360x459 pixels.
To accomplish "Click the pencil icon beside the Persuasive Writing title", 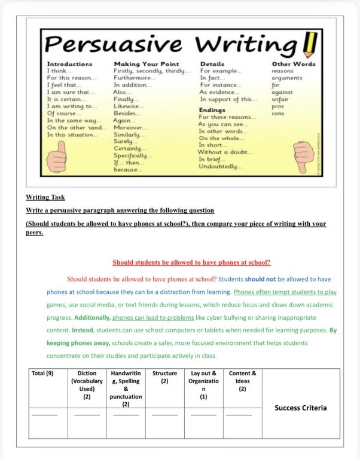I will [x=310, y=43].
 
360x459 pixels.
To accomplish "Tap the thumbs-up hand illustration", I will [x=59, y=157].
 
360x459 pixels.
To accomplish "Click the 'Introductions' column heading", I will [x=69, y=63].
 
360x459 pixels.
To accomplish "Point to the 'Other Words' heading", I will [x=293, y=63].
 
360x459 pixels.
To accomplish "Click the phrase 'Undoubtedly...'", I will [x=221, y=166].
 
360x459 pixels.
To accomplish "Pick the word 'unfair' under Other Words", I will [x=280, y=99].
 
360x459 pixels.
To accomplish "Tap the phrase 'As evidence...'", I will [x=219, y=92].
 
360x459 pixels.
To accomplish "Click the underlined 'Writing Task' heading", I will [x=45, y=197].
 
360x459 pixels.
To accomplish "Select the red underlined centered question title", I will [x=191, y=262].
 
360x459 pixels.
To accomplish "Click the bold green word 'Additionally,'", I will [x=92, y=317].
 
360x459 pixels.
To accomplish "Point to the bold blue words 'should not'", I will [x=260, y=279].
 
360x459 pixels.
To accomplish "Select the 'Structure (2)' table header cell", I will [x=164, y=377].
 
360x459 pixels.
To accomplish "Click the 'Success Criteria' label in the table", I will [x=301, y=408].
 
